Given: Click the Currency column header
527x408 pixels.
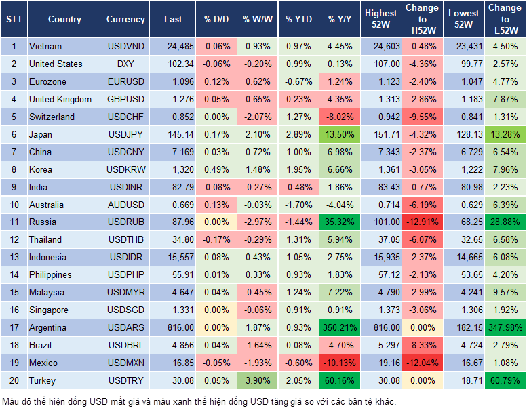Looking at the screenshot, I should click(x=125, y=20).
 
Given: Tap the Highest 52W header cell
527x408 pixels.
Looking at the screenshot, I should click(x=380, y=20).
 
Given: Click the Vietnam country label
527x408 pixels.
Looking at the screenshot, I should click(x=45, y=46).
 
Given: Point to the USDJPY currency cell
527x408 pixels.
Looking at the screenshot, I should click(x=125, y=134).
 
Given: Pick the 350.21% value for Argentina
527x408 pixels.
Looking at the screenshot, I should click(x=339, y=327).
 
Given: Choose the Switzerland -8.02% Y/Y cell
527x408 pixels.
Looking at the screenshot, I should click(x=339, y=117).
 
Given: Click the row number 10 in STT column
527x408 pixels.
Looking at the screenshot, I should click(x=14, y=205).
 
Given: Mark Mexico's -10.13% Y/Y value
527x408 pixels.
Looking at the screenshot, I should click(x=339, y=363).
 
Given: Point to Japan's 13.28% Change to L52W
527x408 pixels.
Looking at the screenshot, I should click(x=504, y=134).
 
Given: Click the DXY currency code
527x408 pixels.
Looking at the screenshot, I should click(x=125, y=64).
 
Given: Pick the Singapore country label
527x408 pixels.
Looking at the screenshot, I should click(x=49, y=310).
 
